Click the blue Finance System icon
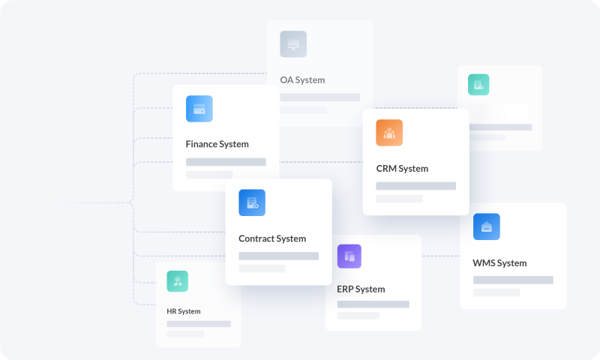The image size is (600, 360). (199, 109)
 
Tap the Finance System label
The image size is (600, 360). (217, 144)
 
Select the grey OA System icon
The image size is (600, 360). (293, 44)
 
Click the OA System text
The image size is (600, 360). (302, 79)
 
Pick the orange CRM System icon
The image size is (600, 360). (389, 133)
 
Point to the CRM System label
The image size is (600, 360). (402, 169)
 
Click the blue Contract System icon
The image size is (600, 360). (252, 202)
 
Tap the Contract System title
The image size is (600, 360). (272, 238)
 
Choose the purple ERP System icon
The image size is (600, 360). (349, 256)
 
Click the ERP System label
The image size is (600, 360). (361, 289)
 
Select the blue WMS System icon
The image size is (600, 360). (487, 226)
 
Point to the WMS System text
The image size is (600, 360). (499, 263)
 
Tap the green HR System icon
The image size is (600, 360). (178, 281)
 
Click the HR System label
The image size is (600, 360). (184, 311)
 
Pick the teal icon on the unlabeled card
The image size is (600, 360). (478, 85)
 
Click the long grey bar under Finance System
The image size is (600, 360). (226, 162)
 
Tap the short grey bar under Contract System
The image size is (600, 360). (262, 268)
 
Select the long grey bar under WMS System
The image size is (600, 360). (513, 280)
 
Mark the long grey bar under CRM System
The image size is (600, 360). (415, 186)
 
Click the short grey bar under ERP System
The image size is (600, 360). (359, 316)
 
